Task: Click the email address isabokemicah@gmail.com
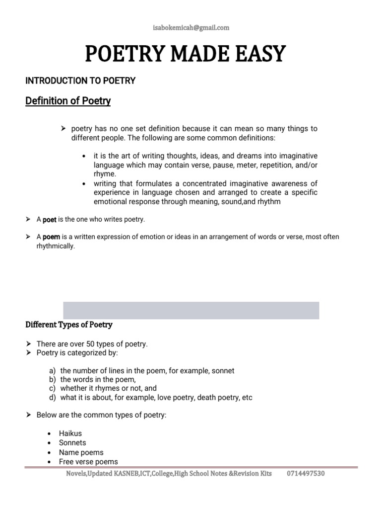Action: [x=191, y=28]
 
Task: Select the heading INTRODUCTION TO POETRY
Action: [x=80, y=81]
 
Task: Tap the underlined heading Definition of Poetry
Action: [x=68, y=101]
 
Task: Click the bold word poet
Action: [x=50, y=220]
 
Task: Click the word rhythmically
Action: [x=56, y=246]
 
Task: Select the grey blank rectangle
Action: [x=191, y=310]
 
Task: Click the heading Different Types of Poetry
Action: [x=69, y=325]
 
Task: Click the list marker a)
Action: [x=52, y=371]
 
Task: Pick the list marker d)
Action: [x=52, y=398]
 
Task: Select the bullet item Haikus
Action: [x=70, y=433]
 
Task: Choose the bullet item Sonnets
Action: [x=72, y=443]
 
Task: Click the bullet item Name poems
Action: [x=81, y=452]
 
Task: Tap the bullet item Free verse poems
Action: [x=88, y=462]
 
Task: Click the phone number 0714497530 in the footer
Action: [x=306, y=474]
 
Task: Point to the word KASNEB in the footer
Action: [x=116, y=474]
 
